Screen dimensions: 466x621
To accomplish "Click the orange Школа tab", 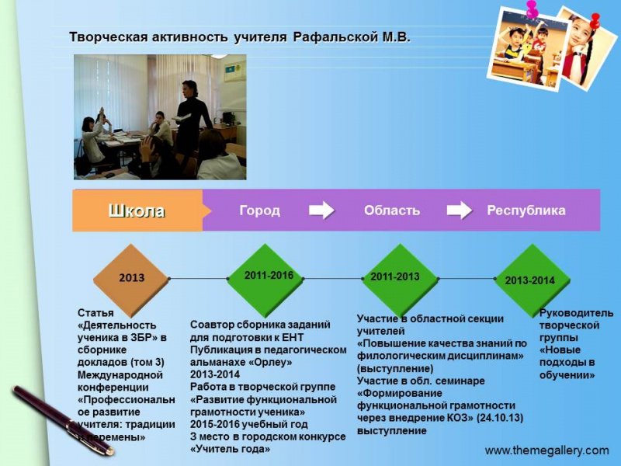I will click(137, 210).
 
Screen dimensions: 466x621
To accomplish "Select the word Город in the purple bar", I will click(259, 210).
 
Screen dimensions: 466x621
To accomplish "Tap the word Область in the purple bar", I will click(391, 210).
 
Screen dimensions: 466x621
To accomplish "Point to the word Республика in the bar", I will click(526, 210).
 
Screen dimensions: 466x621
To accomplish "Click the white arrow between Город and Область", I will click(321, 210).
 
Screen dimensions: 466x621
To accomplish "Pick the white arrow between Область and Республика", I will click(460, 210).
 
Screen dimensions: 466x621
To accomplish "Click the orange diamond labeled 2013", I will click(131, 277).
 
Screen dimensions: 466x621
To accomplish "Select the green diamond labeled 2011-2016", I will click(268, 276).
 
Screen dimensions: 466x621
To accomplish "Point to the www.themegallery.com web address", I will click(546, 450).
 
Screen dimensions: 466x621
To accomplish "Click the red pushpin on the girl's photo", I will click(595, 19).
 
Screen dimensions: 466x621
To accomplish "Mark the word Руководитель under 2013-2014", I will click(576, 313).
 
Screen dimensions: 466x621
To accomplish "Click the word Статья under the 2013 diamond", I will click(94, 313).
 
